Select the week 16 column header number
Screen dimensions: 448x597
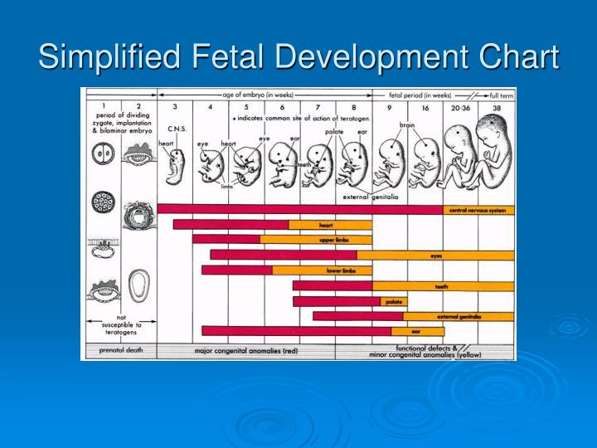tap(425, 107)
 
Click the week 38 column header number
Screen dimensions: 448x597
tap(496, 107)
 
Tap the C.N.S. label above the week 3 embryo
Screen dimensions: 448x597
tap(176, 129)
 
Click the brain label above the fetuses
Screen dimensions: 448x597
tap(407, 125)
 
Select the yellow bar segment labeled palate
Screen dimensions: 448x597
tap(393, 301)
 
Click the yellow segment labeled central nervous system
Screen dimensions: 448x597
tap(478, 210)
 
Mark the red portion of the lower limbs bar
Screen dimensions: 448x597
tap(236, 270)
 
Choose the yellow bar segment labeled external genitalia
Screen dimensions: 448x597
tap(459, 316)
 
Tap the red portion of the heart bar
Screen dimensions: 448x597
tap(231, 225)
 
